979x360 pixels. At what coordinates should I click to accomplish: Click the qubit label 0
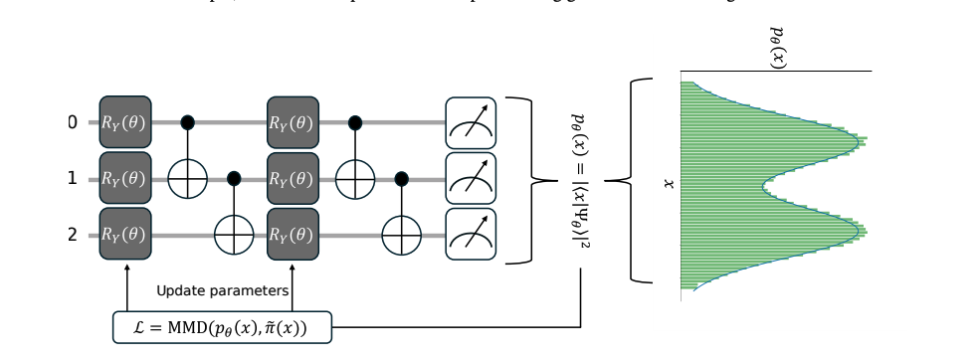tap(72, 122)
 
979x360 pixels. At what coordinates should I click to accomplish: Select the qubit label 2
tap(72, 235)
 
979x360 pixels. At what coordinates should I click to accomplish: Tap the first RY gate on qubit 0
tap(125, 122)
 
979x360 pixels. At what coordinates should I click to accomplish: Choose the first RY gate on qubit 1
tap(125, 179)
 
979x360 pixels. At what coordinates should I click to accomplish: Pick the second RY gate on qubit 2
tap(293, 235)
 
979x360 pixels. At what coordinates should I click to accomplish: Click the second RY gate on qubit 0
tap(293, 122)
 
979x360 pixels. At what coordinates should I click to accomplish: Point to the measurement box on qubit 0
tap(470, 122)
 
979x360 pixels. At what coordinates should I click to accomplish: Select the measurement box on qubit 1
tap(470, 179)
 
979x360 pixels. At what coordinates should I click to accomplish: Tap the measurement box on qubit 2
tap(470, 235)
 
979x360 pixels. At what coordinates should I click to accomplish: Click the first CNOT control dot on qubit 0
tap(187, 122)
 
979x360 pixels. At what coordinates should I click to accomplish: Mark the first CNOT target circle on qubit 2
tap(234, 236)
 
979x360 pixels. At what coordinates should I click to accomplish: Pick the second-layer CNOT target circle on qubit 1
tap(355, 179)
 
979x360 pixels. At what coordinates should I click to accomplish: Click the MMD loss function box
tap(222, 327)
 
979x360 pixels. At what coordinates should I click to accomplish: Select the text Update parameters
tap(223, 290)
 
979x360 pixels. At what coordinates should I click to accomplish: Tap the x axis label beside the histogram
tap(669, 183)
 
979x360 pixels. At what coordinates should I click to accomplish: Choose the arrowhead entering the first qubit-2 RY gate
tap(127, 265)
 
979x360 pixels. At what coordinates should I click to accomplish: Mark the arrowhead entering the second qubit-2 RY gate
tap(294, 265)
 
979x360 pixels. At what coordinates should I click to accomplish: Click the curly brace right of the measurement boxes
tap(532, 180)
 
